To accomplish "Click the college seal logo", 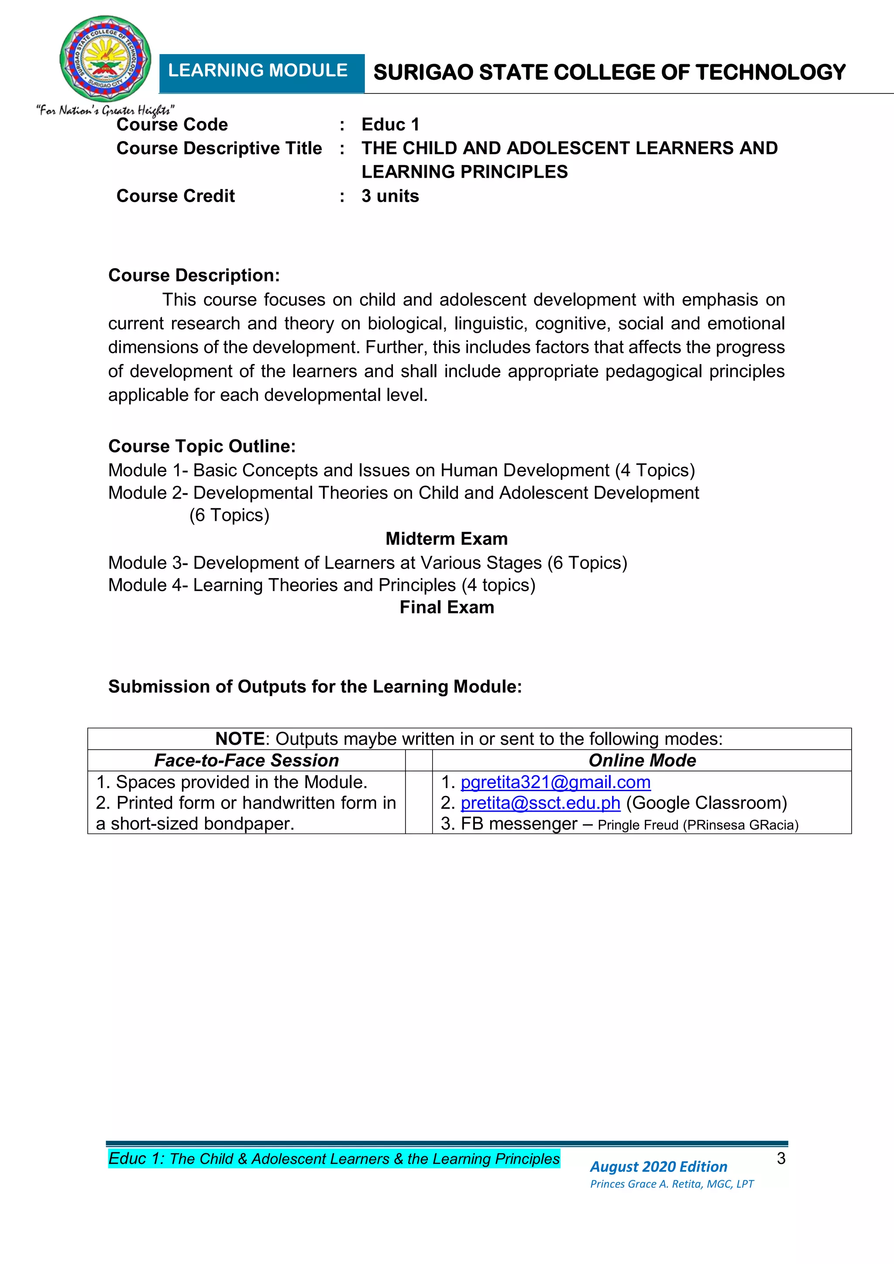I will pos(105,59).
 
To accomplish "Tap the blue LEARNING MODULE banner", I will pos(261,72).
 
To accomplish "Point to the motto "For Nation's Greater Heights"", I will pos(106,110).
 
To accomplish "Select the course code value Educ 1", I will pos(390,124).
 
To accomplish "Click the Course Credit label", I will pos(175,196).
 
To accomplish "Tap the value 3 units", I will pos(390,196).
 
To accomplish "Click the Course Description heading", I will pos(194,275).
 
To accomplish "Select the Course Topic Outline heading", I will pos(202,446).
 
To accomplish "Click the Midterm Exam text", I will pos(447,538).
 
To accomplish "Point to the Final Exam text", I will pos(447,607).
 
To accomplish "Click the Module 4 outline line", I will pos(321,585).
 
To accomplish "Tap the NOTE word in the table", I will pos(240,739).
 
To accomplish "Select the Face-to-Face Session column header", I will pos(246,760).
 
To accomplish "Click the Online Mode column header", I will pos(642,760).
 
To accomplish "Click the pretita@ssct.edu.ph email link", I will pos(540,802).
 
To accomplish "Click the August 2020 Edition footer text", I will pos(658,1166).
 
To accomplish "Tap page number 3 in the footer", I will pos(781,1158).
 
